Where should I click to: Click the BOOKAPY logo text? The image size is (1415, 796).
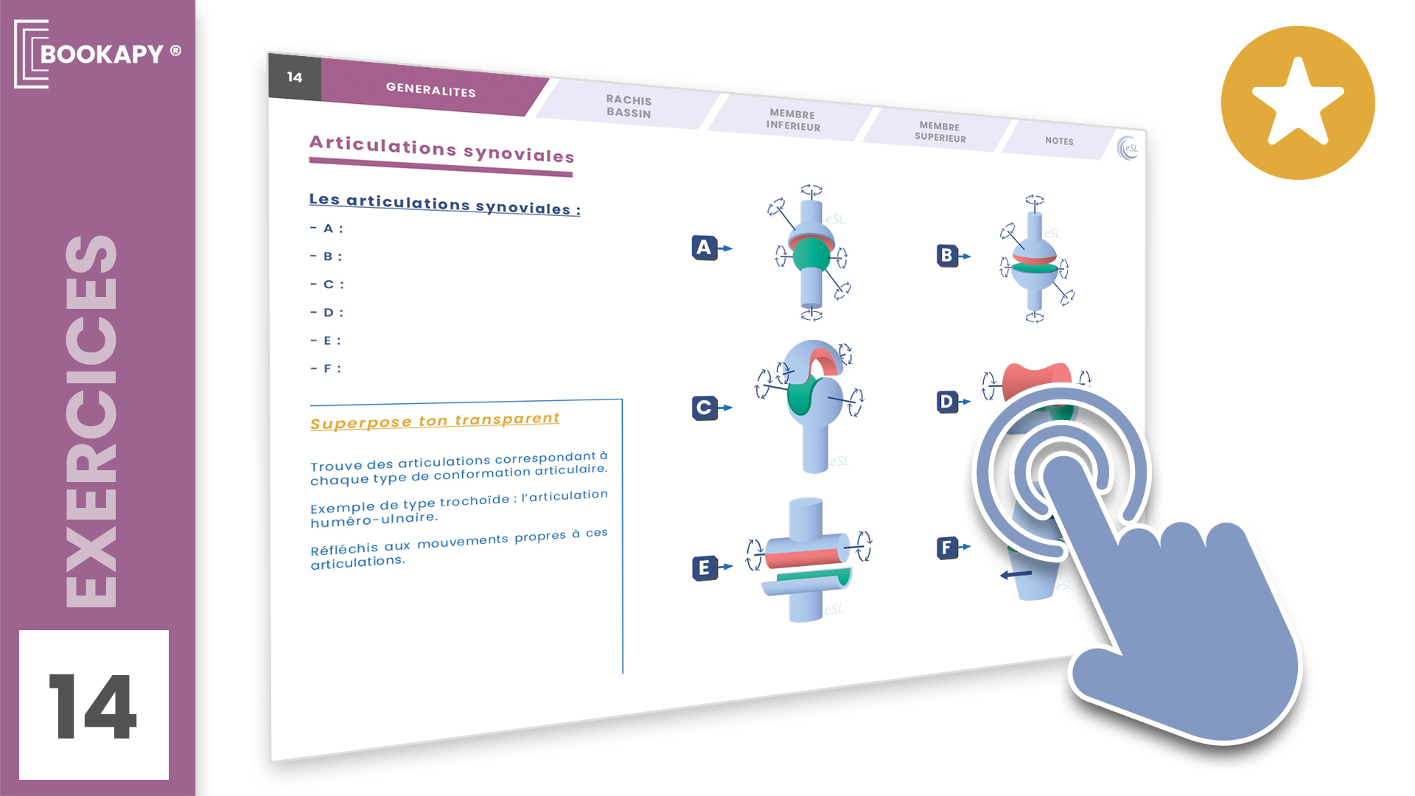pos(102,54)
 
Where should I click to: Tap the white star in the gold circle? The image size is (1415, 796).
pos(1297,102)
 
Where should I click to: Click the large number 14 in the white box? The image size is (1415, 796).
pos(93,705)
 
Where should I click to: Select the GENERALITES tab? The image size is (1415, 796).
pos(431,89)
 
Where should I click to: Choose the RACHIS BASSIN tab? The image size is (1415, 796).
pos(629,106)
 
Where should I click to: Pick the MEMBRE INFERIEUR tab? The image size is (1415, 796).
pos(792,119)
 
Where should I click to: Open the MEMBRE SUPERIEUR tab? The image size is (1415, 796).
pos(940,132)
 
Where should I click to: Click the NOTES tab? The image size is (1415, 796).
pos(1059,141)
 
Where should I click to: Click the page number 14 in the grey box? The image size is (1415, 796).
pos(295,77)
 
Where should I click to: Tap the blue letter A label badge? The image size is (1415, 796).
pos(705,248)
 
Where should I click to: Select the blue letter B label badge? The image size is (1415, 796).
pos(946,256)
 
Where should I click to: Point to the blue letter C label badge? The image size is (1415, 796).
pos(704,408)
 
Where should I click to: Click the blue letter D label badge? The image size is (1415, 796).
pos(946,402)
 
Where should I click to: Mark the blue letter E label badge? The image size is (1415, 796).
pos(705,568)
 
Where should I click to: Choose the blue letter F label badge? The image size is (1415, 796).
pos(947,548)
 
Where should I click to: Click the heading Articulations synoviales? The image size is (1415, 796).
pos(441,149)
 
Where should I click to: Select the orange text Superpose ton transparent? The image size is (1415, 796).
pos(435,421)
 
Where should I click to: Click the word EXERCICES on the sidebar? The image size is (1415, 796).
pos(91,421)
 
